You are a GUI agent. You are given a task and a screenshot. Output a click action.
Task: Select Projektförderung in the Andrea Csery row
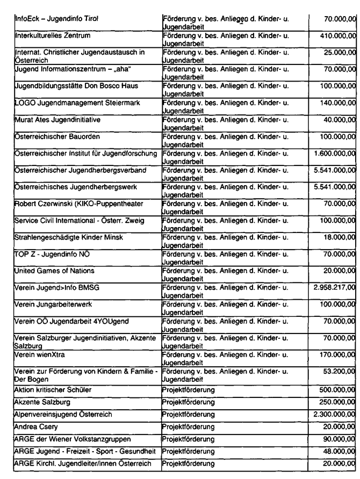188,413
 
